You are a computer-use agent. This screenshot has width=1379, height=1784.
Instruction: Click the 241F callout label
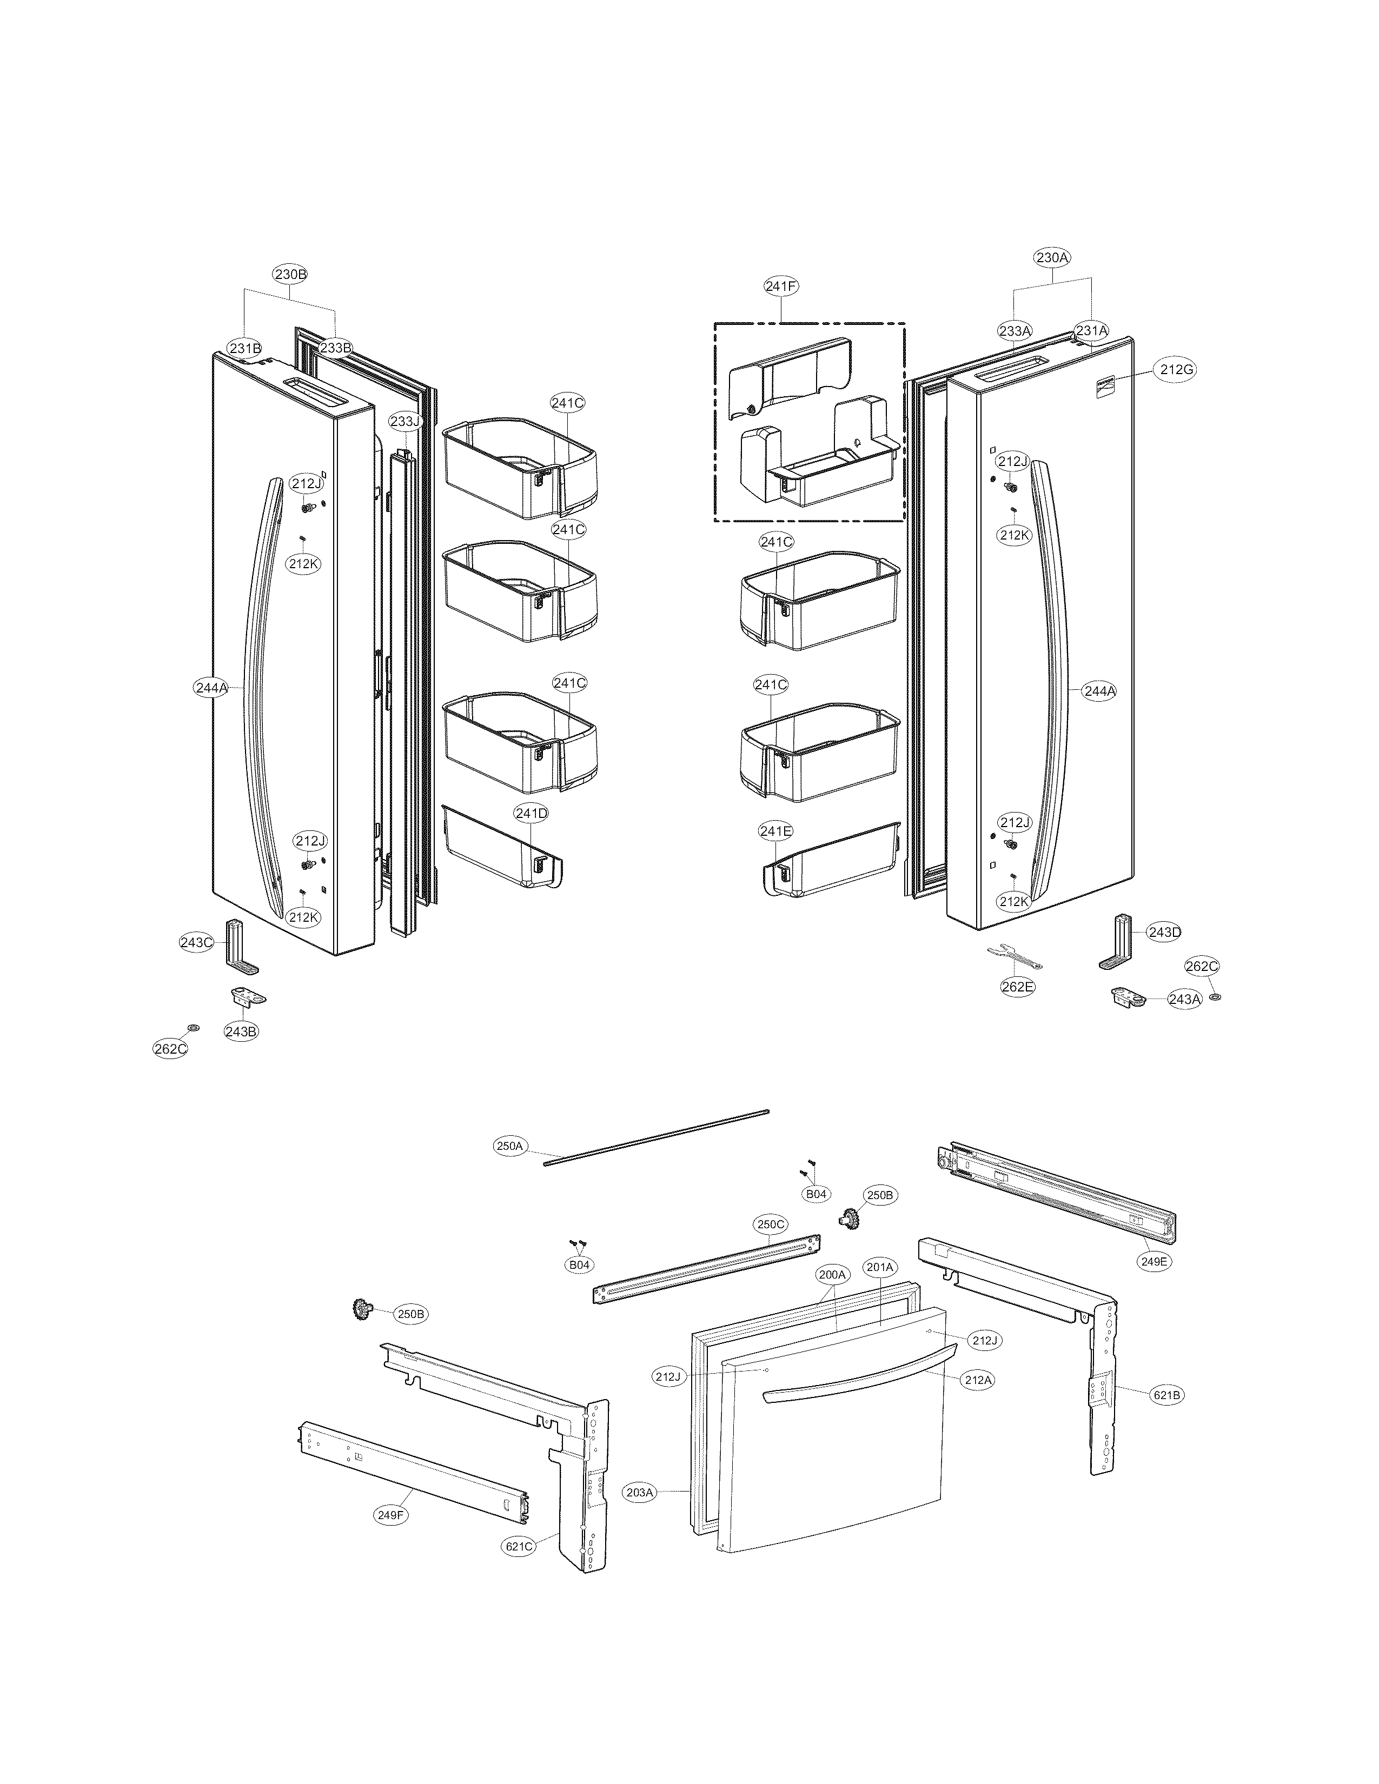tap(781, 286)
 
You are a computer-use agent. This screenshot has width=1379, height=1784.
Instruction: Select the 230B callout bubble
tap(290, 275)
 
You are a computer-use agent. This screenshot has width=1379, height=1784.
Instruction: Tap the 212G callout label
tap(1176, 369)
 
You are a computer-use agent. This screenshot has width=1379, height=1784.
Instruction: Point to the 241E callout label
tap(775, 831)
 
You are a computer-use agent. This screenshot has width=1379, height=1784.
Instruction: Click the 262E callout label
tap(1017, 987)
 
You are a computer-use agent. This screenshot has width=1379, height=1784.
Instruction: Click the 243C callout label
tap(196, 942)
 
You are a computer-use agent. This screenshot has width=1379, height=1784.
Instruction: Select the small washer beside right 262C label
tap(1215, 998)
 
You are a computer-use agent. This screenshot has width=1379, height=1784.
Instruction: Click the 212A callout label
tap(978, 1380)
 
